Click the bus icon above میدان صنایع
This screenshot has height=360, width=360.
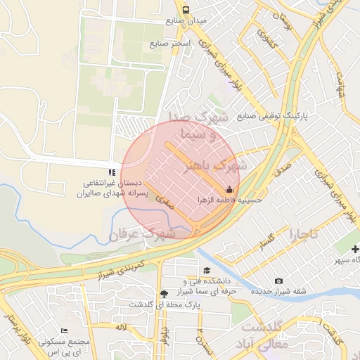tap(186, 10)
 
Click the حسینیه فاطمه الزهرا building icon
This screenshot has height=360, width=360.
tap(229, 189)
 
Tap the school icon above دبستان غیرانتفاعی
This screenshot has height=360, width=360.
tap(110, 172)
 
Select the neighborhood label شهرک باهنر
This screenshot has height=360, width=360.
tap(215, 167)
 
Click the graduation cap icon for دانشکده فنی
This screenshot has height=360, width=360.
tap(206, 271)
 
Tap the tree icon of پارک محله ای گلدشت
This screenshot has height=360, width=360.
tap(164, 294)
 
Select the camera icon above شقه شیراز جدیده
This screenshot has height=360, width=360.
tap(279, 282)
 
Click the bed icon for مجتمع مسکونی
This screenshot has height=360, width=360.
tap(65, 330)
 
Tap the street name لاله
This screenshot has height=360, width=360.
tap(121, 328)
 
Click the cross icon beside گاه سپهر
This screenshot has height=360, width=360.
tap(355, 249)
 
